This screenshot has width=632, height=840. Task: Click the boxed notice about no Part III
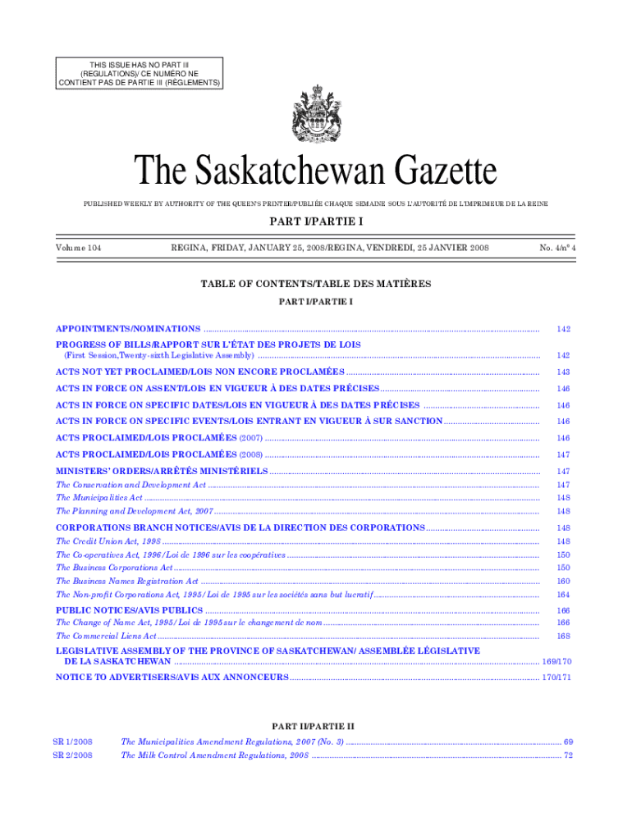pos(140,72)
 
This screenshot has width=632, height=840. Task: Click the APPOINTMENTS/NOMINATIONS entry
pos(128,328)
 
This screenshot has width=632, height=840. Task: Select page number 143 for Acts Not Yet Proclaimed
pos(563,372)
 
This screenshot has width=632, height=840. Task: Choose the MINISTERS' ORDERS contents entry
pos(162,471)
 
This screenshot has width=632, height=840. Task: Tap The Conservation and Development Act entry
pos(131,485)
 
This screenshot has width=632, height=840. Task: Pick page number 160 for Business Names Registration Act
pos(563,581)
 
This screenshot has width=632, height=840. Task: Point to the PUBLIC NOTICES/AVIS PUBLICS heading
pos(129,610)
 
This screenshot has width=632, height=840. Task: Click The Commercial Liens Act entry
pos(106,636)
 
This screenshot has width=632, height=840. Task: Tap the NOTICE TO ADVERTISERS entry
pos(172,677)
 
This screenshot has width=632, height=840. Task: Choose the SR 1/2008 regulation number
pos(73,742)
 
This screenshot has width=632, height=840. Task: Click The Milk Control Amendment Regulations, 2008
pos(214,756)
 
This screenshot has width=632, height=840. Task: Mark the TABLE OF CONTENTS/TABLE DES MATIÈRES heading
pos(316,284)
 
